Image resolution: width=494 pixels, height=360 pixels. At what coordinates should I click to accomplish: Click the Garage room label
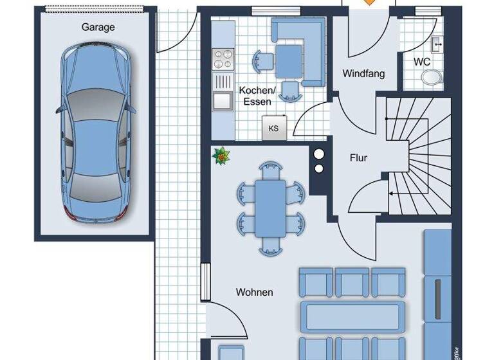click(x=98, y=27)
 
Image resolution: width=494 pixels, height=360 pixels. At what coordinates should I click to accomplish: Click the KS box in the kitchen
click(x=274, y=128)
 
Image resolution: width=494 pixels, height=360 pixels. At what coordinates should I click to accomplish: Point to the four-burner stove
click(x=223, y=59)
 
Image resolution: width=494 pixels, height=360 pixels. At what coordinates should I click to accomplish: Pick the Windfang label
click(x=363, y=73)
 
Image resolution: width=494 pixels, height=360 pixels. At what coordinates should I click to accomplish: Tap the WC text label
click(x=422, y=62)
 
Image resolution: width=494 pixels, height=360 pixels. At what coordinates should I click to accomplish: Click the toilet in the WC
click(x=432, y=78)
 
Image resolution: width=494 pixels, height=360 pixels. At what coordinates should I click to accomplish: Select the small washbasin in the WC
click(x=436, y=44)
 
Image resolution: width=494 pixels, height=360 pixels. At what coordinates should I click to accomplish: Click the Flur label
click(x=358, y=157)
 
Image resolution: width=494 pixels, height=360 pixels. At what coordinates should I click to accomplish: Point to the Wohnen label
click(x=254, y=292)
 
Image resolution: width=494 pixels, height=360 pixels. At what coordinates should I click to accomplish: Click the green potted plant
click(x=222, y=156)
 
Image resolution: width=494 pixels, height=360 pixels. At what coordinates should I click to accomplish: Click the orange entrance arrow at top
click(x=369, y=3)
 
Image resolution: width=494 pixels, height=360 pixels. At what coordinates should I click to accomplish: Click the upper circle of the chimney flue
click(x=318, y=154)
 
